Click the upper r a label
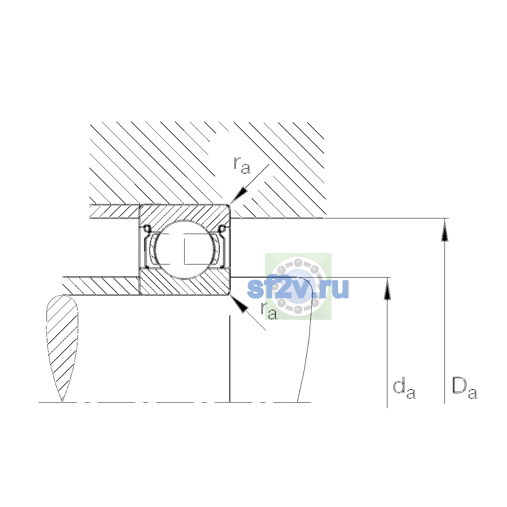click(242, 165)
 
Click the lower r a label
click(269, 311)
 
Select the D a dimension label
click(464, 388)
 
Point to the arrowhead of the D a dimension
click(444, 231)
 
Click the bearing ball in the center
click(185, 249)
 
